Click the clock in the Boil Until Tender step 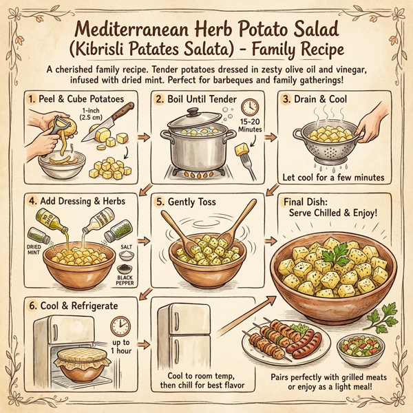point(249,107)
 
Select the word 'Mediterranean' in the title point(133,31)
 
